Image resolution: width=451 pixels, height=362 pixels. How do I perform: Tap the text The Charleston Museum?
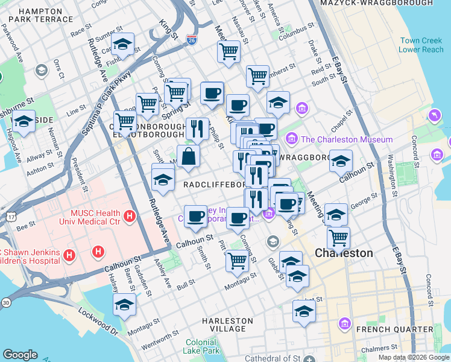click(x=347, y=139)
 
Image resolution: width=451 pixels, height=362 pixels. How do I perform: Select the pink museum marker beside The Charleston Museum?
click(x=292, y=139)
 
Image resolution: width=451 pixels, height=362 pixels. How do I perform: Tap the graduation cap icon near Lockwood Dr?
click(x=125, y=305)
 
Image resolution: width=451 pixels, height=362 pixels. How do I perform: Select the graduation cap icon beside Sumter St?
click(x=123, y=45)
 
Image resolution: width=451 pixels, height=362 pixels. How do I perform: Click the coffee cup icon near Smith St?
click(x=195, y=216)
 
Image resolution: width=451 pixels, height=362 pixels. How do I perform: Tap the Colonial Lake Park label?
click(x=201, y=346)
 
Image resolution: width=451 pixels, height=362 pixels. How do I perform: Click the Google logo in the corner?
click(x=20, y=355)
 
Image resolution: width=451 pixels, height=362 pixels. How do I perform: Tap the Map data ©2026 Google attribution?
click(x=414, y=357)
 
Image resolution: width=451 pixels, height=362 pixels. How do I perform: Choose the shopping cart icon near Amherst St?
click(x=257, y=77)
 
